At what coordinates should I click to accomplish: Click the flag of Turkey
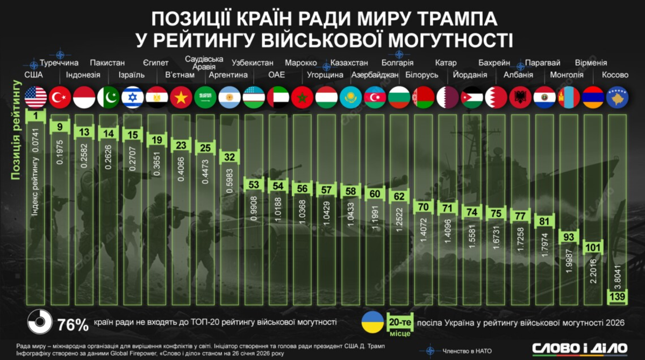pos(60,97)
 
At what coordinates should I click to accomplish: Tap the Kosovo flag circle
pos(617,97)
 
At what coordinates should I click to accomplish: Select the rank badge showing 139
pos(617,296)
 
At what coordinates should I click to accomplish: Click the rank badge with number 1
pos(35,116)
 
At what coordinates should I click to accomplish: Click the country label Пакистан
pos(107,62)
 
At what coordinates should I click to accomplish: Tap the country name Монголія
pos(566,75)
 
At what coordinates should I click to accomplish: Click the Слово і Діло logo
pos(579,348)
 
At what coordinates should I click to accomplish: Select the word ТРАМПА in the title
pos(451,20)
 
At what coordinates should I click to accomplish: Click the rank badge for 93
pos(569,236)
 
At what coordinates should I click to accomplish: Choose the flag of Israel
pos(133,97)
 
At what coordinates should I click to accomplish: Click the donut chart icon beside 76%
pos(39,324)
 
